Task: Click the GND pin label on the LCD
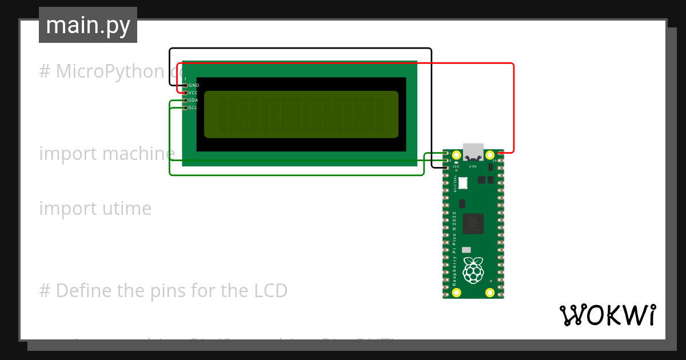point(194,85)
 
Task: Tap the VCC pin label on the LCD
point(194,93)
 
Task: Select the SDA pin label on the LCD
point(194,100)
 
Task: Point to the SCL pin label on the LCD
point(194,107)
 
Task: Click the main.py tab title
point(88,25)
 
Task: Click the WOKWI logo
point(608,315)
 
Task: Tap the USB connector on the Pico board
point(473,152)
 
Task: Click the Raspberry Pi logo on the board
point(473,270)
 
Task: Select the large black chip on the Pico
point(473,223)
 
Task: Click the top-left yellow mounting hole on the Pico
point(456,155)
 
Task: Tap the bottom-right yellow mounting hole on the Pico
point(490,293)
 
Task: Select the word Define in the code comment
point(84,291)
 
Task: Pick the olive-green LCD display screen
point(301,114)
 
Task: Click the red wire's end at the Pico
point(500,153)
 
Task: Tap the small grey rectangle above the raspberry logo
point(466,250)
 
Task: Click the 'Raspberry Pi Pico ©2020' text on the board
point(454,249)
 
